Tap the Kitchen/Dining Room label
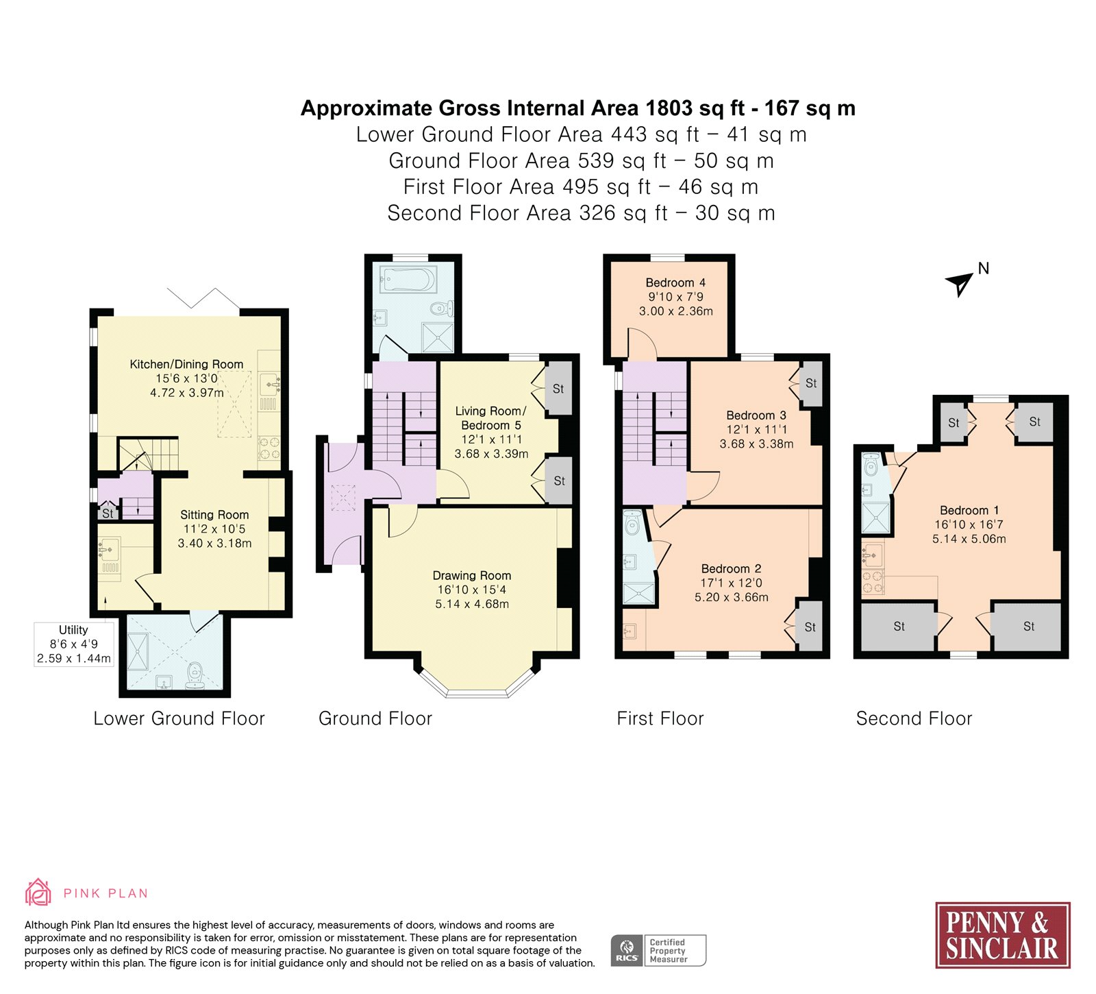[186, 364]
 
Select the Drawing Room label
[472, 575]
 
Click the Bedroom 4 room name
[675, 282]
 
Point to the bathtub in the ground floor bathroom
[409, 280]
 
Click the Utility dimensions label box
[74, 644]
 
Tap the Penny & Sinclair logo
[1002, 935]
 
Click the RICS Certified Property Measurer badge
[658, 950]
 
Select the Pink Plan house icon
[38, 893]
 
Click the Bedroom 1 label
[969, 510]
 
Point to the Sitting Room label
[214, 514]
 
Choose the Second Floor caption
[914, 718]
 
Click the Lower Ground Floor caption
[179, 718]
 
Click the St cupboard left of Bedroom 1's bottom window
[899, 626]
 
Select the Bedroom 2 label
[731, 568]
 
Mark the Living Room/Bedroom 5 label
[490, 417]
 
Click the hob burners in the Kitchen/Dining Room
[269, 448]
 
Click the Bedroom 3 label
[756, 415]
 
